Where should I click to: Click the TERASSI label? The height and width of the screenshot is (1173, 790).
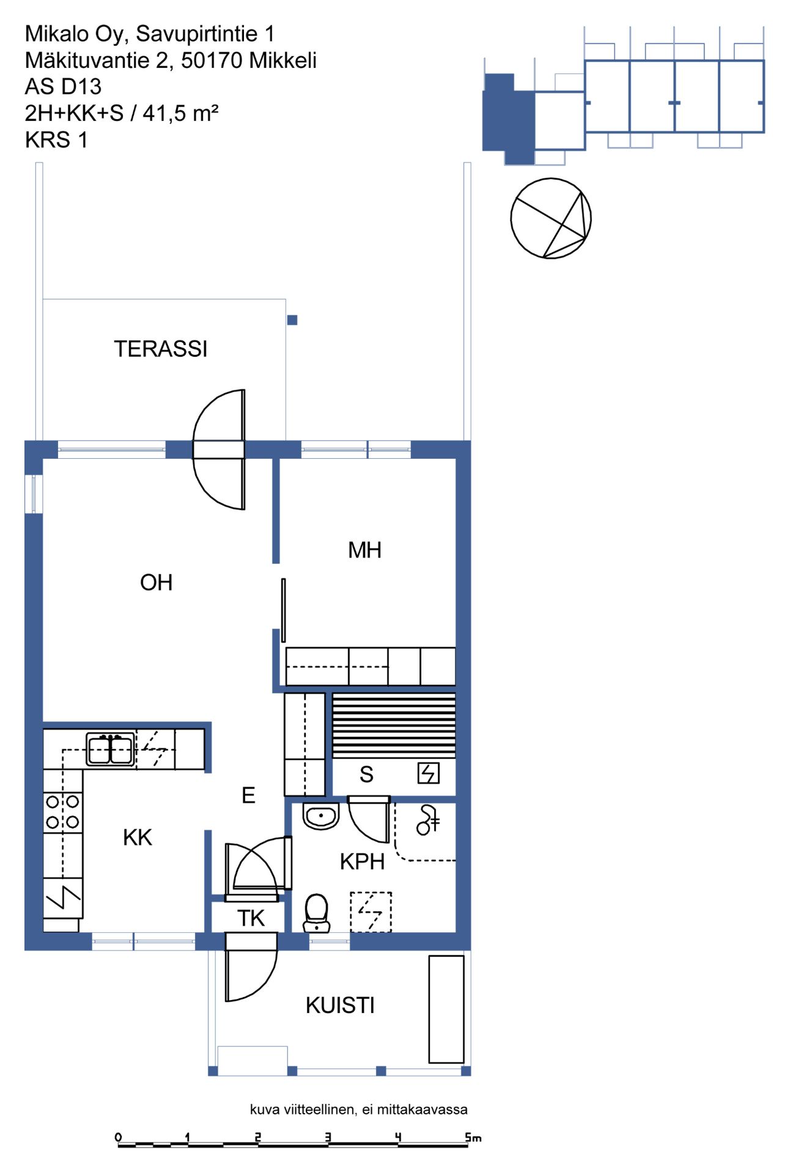pyautogui.click(x=161, y=349)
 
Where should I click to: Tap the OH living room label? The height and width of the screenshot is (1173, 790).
pyautogui.click(x=157, y=582)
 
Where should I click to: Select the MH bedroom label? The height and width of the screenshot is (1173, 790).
pyautogui.click(x=365, y=550)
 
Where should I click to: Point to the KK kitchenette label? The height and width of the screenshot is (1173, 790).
pyautogui.click(x=138, y=837)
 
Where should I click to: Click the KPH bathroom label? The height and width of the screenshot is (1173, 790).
pyautogui.click(x=363, y=861)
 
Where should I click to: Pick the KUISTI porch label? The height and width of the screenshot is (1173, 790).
pyautogui.click(x=340, y=1005)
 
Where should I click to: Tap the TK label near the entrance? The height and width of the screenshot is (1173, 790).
pyautogui.click(x=251, y=918)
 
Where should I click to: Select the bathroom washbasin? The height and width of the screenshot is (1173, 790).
pyautogui.click(x=321, y=816)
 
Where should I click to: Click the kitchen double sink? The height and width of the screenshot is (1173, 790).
pyautogui.click(x=110, y=749)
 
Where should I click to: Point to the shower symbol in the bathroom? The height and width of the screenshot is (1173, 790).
pyautogui.click(x=427, y=820)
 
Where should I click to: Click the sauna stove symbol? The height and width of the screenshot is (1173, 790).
pyautogui.click(x=429, y=773)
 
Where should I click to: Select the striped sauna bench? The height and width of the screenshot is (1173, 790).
pyautogui.click(x=394, y=725)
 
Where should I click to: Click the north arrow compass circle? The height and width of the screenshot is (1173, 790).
pyautogui.click(x=551, y=218)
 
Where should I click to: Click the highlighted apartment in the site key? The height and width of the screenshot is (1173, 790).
pyautogui.click(x=509, y=119)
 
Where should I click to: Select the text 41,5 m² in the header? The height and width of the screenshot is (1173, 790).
pyautogui.click(x=181, y=113)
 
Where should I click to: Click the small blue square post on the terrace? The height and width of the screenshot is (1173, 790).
pyautogui.click(x=292, y=320)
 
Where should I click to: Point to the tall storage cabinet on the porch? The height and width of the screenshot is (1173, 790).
pyautogui.click(x=446, y=1009)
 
